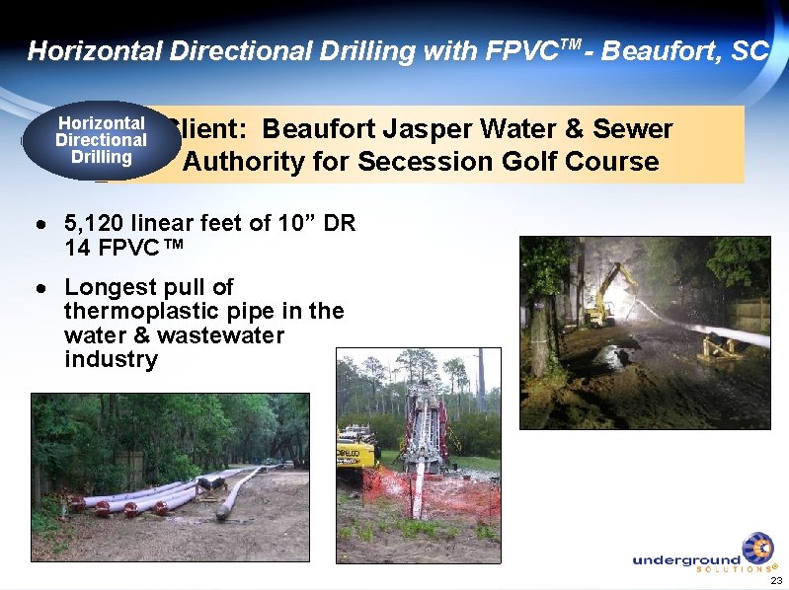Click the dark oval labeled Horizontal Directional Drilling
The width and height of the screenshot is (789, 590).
click(x=102, y=140)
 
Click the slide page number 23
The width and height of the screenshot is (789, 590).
click(x=775, y=580)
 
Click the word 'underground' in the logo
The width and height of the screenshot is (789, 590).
click(x=686, y=559)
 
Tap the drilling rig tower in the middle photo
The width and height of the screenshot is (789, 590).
click(x=423, y=434)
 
